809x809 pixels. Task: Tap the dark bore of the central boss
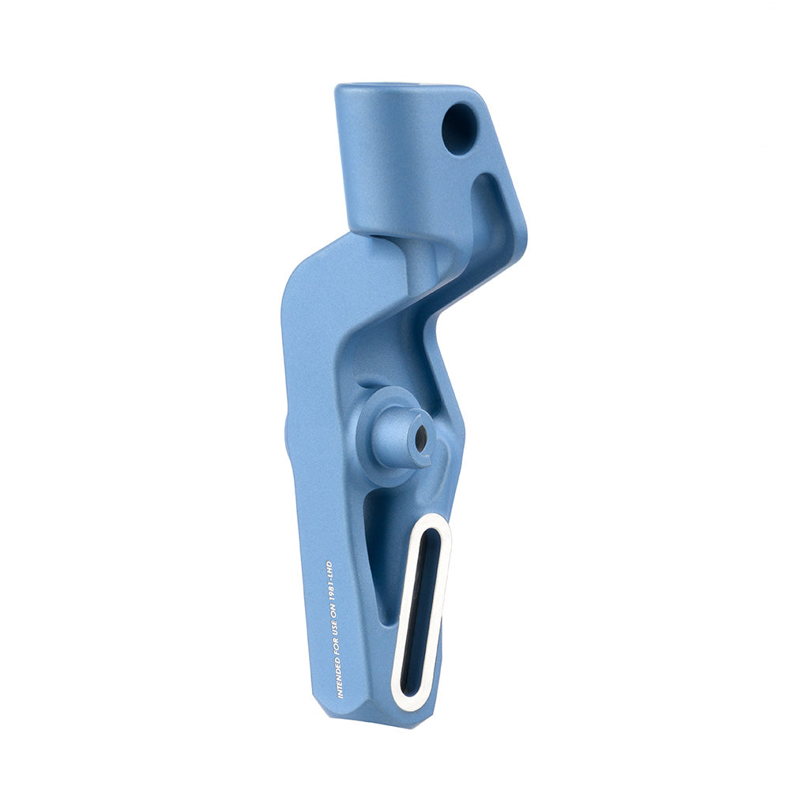[x=421, y=433]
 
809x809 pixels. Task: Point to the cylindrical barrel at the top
[x=387, y=158]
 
